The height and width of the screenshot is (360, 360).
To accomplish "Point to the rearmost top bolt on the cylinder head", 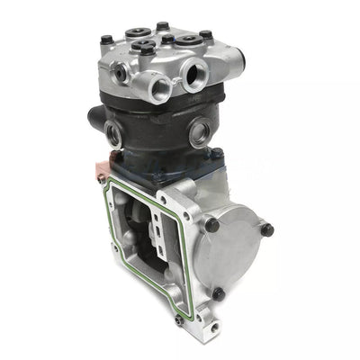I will (161, 27).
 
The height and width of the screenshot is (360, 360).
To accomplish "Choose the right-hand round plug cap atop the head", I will (192, 40).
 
